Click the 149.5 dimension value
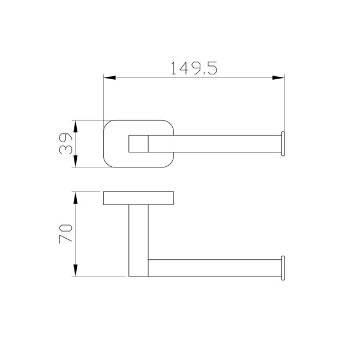194,68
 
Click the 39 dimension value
65,143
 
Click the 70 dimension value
65,233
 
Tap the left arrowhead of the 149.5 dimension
110,77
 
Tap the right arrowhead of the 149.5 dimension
278,77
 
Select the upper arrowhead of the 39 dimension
76,126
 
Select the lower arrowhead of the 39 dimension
76,161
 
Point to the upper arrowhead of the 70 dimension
76,198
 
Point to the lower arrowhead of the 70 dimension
76,270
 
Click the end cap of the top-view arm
283,144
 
